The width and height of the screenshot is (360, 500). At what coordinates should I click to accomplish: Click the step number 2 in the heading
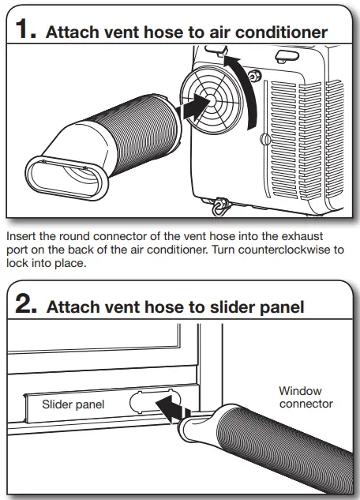25,303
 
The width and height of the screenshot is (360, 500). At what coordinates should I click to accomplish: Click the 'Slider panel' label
73,404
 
